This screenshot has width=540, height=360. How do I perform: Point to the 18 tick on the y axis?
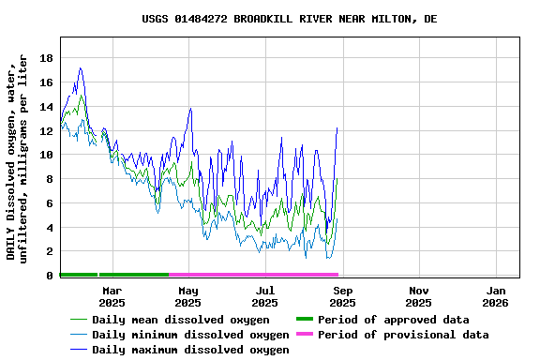coord(46,58)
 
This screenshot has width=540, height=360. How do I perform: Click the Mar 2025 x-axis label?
coord(112,296)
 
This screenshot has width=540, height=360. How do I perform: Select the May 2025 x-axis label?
coord(188,296)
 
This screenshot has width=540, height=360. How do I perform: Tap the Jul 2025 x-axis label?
coord(265,296)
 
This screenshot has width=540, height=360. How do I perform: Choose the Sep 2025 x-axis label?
coord(342,296)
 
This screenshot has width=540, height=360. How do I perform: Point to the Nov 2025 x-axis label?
coord(419,296)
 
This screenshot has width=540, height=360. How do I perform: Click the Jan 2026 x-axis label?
coord(496,296)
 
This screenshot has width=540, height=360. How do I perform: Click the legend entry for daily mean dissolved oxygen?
coord(180,320)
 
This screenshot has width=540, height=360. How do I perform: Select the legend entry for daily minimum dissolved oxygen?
coord(190,335)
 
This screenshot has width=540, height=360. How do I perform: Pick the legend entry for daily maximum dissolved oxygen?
coord(190,350)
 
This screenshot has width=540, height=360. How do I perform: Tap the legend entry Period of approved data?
coord(393,320)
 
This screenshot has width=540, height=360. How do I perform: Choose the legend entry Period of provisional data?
coord(403,335)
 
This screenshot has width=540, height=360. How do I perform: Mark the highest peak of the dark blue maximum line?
coord(81,67)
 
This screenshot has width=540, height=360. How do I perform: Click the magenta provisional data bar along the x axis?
coord(253,275)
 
